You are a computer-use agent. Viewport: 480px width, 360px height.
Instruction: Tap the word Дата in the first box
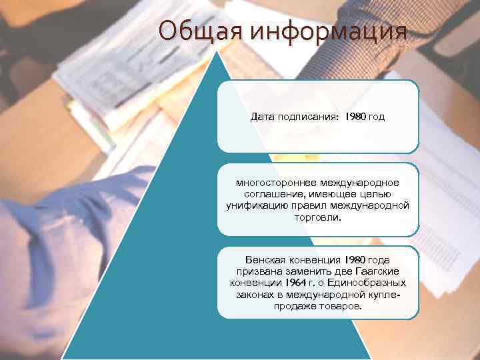coord(262,117)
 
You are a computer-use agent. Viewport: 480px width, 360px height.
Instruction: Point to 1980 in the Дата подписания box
coord(355,117)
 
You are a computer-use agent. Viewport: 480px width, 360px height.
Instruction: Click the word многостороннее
coord(274,182)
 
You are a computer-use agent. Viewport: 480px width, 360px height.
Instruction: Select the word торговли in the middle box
coord(317,217)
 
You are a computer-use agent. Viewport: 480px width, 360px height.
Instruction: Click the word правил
coord(317,205)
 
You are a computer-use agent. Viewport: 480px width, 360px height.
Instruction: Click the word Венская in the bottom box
coord(265,259)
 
